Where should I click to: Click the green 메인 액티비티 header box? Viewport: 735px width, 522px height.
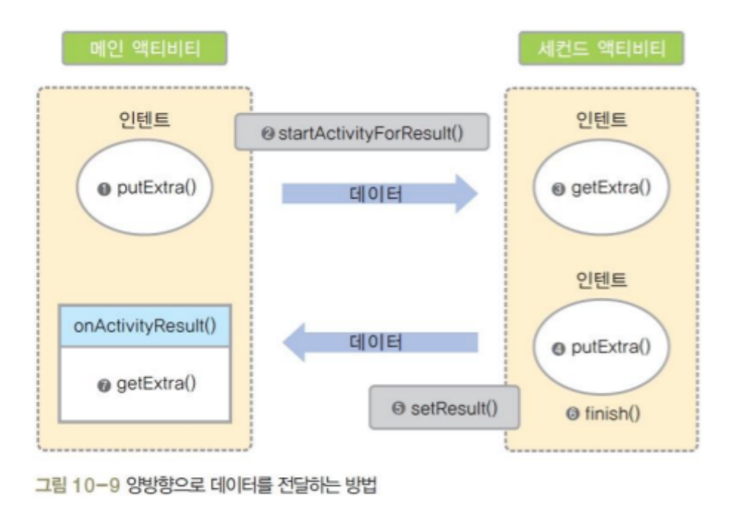145,50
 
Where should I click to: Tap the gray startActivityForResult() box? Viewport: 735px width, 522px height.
362,135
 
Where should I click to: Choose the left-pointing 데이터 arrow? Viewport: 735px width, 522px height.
380,343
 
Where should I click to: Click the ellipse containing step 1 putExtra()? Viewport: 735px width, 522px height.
145,187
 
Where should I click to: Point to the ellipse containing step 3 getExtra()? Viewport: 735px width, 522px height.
602,187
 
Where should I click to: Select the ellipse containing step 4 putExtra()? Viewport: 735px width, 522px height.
602,346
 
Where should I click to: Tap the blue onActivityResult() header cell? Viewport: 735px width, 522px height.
145,324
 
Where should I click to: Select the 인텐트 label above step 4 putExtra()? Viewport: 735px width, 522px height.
602,279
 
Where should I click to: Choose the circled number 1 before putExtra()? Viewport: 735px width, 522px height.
104,187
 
